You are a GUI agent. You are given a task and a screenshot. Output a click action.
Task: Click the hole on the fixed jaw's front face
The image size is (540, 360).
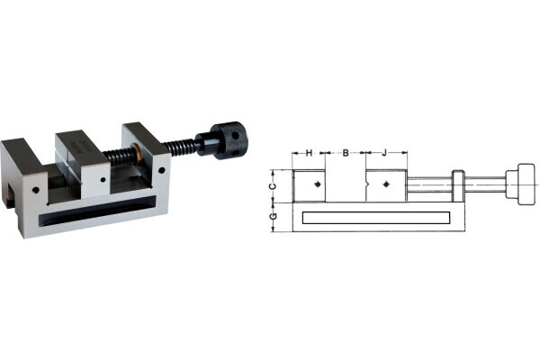click(x=36, y=192)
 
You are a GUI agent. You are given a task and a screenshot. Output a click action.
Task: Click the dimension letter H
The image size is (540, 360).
click(x=309, y=153)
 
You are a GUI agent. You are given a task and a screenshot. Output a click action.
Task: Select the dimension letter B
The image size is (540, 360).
click(x=346, y=153)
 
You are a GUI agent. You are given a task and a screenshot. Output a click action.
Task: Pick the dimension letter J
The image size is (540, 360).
click(x=384, y=153)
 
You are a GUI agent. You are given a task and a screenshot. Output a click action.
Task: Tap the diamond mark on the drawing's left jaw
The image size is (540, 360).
click(x=319, y=184)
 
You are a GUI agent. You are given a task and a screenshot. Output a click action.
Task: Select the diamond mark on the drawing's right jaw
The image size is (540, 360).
click(x=385, y=184)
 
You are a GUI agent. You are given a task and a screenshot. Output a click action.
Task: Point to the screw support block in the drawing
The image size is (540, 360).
click(x=457, y=186)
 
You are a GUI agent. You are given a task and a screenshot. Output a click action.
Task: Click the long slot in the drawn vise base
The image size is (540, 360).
click(x=374, y=217)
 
